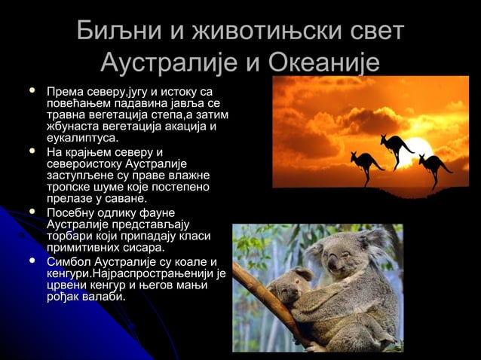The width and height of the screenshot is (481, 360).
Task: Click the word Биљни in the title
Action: [x=114, y=32]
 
